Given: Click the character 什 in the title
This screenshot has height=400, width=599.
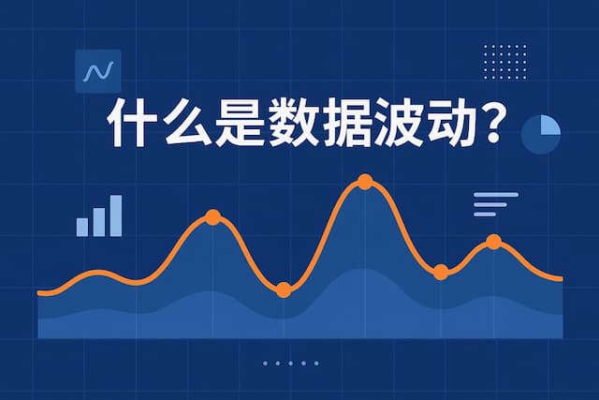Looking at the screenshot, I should (130, 123).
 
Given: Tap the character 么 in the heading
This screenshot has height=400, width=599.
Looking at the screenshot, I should (184, 123).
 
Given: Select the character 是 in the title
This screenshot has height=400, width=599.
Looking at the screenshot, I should (241, 123).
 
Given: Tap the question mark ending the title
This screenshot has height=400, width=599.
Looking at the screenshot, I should (503, 123).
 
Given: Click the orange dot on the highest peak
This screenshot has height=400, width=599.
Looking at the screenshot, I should (365, 182).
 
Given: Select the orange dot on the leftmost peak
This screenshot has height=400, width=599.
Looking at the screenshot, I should (212, 217).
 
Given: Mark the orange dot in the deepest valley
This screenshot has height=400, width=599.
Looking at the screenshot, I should (284, 290).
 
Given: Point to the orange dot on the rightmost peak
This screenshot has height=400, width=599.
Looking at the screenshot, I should (493, 243).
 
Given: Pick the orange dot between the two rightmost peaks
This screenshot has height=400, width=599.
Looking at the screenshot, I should (441, 273).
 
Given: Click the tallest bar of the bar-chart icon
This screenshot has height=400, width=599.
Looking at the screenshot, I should (115, 215).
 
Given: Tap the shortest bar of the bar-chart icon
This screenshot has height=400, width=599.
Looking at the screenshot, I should (82, 227).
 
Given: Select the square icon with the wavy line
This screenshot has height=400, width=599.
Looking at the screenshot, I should (97, 71).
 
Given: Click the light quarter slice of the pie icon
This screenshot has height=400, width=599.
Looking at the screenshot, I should (548, 126).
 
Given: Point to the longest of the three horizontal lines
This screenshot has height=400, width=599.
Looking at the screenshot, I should (496, 195).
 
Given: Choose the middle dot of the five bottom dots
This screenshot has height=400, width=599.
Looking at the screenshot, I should (290, 363).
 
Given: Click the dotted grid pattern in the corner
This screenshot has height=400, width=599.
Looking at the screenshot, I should (504, 62).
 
